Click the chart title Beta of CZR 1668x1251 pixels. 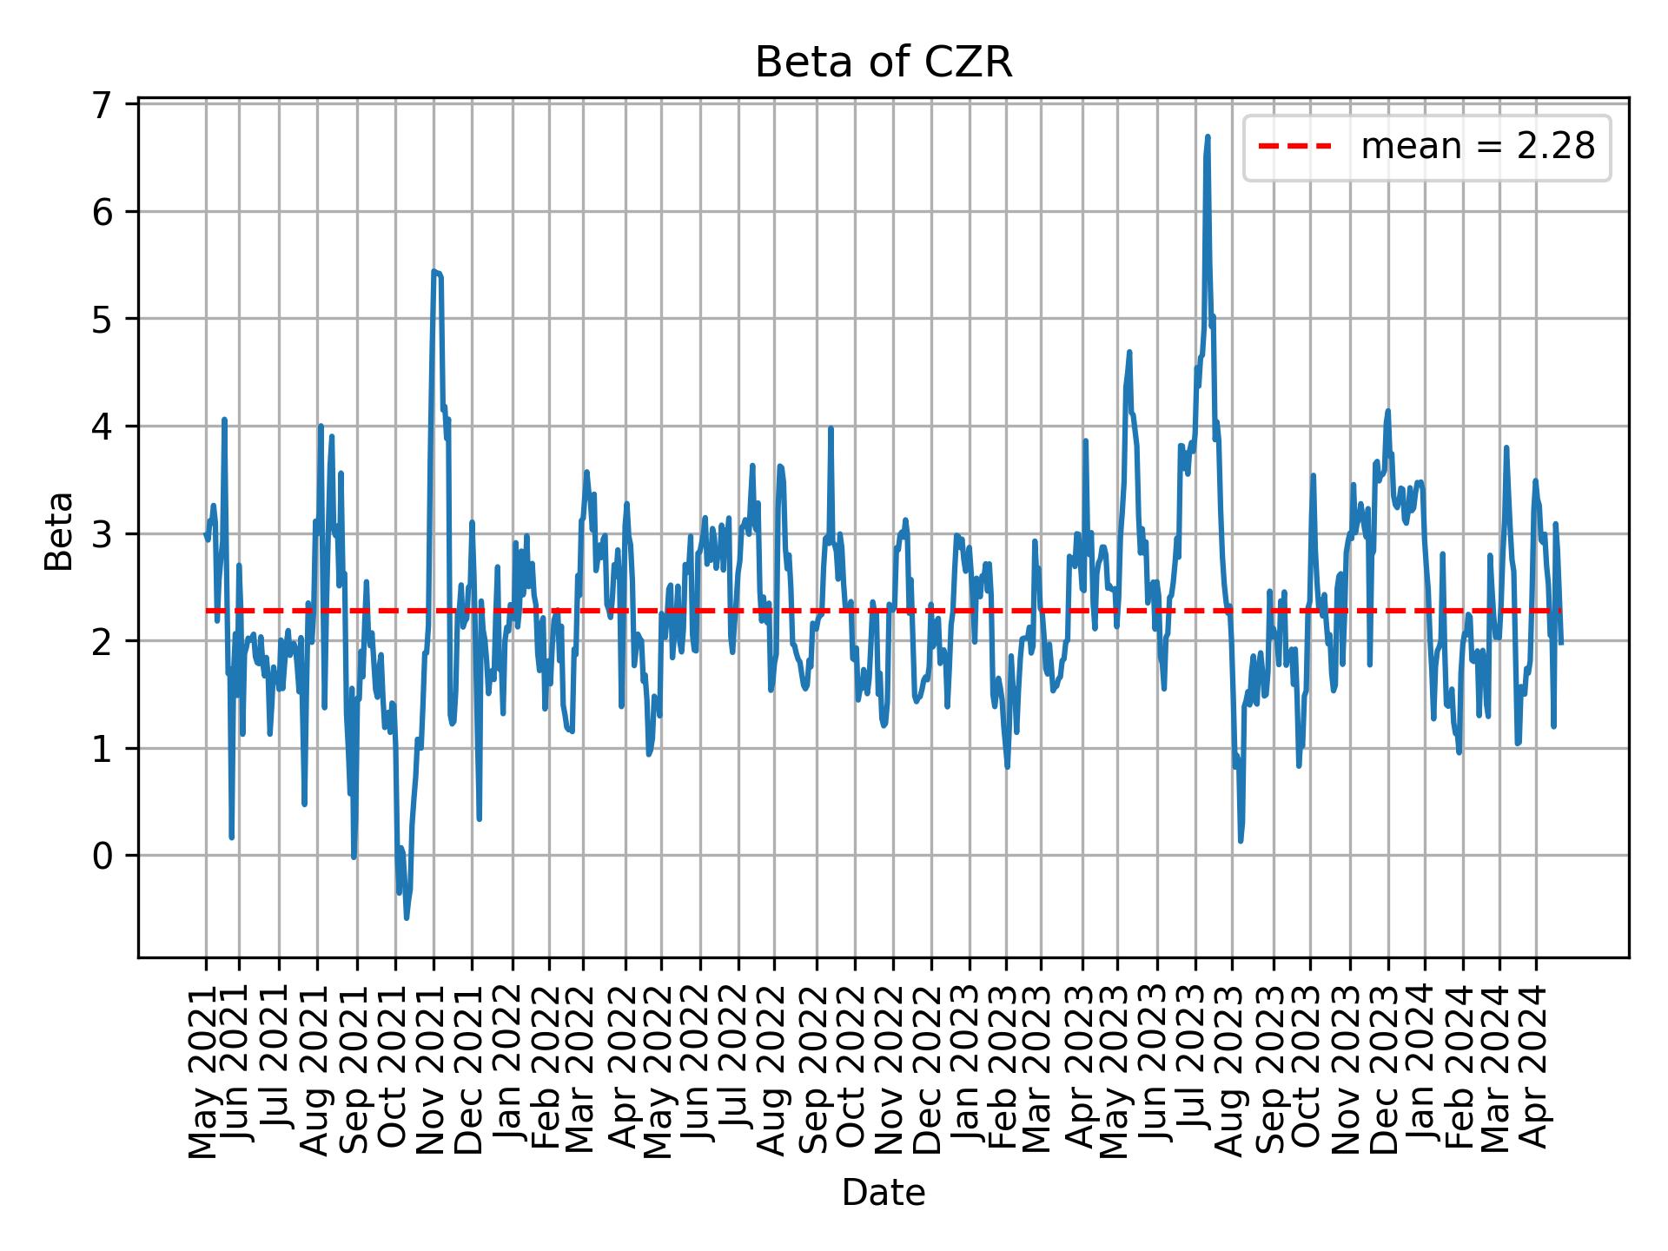coord(883,63)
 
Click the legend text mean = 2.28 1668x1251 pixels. coord(1477,148)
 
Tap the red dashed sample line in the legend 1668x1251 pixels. coord(1294,148)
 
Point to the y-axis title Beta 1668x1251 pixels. coord(59,531)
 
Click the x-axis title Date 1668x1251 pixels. coord(883,1193)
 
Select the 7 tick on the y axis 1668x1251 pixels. coord(103,105)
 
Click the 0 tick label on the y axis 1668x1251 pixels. coord(103,856)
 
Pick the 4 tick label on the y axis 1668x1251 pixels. coord(103,427)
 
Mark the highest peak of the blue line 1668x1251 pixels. coord(1208,137)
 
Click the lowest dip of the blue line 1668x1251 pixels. coord(407,917)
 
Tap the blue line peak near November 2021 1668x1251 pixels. coord(434,272)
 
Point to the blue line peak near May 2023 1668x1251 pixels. coord(1129,352)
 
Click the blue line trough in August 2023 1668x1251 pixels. coord(1241,840)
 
